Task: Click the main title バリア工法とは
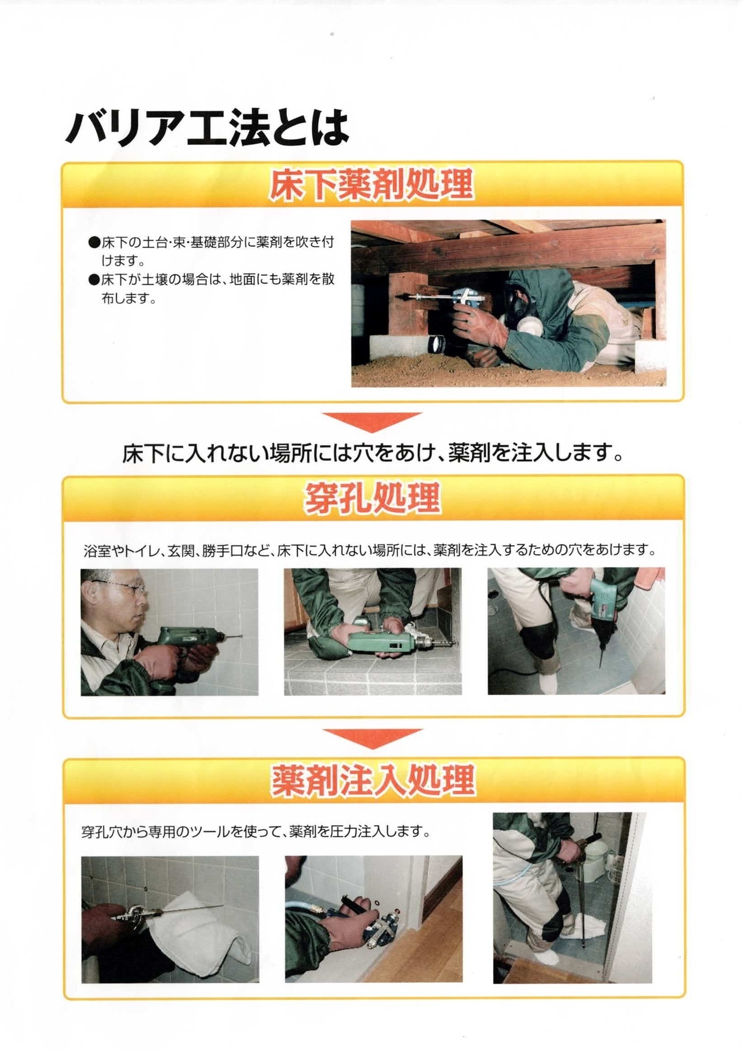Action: tap(207, 128)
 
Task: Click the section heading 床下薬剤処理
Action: tap(372, 185)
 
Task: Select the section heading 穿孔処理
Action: tap(372, 499)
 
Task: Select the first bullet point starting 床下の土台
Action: tap(211, 250)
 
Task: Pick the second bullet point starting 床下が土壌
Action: tap(211, 289)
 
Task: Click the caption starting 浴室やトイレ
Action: tap(369, 550)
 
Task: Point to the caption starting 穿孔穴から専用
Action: tap(256, 832)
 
